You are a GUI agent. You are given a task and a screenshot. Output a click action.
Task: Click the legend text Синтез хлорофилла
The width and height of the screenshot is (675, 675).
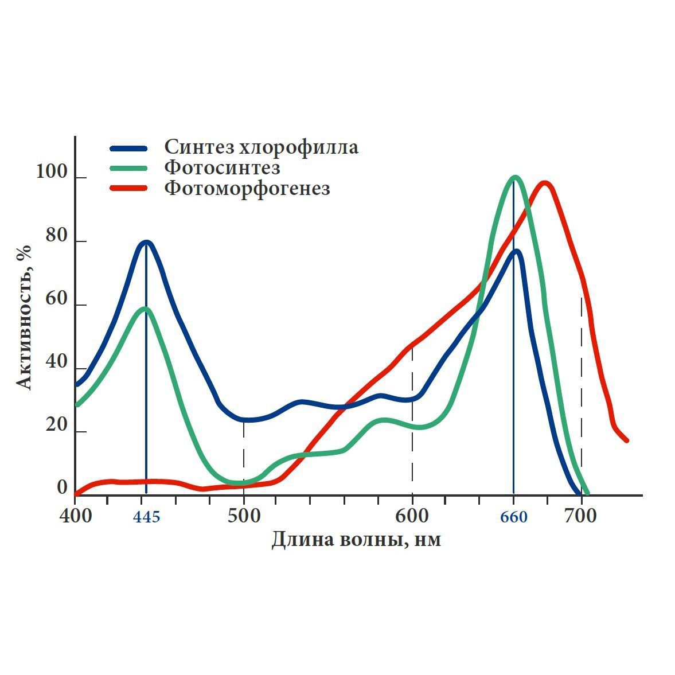261,147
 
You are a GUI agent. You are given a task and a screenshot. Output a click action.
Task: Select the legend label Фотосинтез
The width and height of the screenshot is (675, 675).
222,167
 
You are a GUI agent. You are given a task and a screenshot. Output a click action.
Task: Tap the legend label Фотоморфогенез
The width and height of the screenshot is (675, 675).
247,188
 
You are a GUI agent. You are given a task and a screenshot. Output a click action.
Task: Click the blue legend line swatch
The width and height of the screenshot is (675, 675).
128,148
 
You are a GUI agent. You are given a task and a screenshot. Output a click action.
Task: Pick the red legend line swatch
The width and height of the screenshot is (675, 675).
128,188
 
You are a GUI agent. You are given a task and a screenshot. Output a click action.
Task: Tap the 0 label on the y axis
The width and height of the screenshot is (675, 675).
62,488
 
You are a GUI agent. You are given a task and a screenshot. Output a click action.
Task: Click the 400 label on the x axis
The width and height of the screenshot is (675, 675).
75,516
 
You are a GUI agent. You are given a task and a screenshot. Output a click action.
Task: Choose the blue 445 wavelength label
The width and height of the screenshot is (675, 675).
146,517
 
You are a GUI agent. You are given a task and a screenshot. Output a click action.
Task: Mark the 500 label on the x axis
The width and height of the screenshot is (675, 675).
244,516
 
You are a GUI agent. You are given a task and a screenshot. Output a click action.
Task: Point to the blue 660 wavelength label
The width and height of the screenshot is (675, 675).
513,517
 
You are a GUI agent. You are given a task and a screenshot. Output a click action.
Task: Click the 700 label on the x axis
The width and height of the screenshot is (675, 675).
580,516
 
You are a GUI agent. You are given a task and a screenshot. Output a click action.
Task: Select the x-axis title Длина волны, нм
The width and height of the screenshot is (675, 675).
356,540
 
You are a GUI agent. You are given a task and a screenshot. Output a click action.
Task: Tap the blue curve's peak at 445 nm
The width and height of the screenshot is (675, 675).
146,242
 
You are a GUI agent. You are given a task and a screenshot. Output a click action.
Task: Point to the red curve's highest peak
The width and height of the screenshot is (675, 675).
544,183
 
